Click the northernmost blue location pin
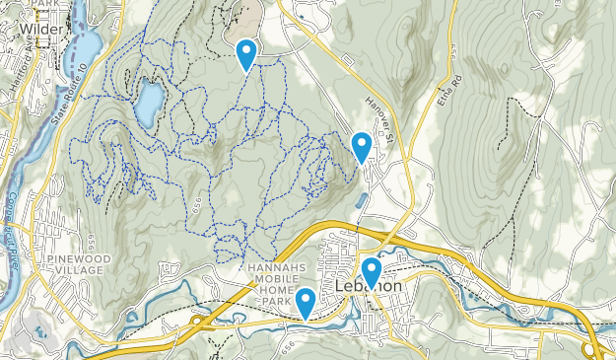click(x=246, y=52)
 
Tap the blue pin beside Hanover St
click(x=362, y=146)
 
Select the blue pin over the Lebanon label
click(x=372, y=270)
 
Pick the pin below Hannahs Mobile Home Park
click(x=307, y=302)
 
